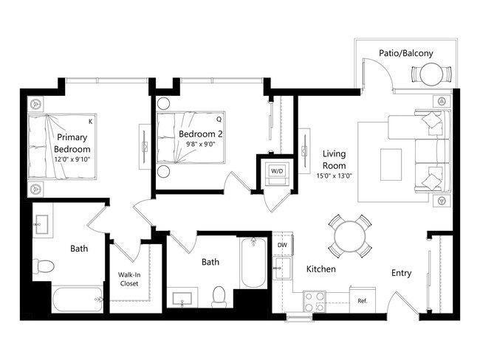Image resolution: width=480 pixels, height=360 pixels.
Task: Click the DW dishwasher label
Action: pos(282,245)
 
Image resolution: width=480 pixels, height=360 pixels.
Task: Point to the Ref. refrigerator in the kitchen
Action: pos(363,301)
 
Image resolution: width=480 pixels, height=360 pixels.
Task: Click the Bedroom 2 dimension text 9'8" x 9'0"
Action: pos(200,145)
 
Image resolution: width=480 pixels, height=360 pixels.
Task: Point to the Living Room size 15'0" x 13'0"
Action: pos(335,176)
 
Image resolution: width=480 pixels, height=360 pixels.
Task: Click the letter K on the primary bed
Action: pos(90,120)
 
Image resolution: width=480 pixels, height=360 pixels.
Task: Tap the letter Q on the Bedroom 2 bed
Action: pos(219,118)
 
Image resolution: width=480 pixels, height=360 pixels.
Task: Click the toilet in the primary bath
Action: pos(45,266)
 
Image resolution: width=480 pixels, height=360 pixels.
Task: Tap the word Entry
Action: pos(401,273)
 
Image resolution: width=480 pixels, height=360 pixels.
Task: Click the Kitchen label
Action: pos(320,269)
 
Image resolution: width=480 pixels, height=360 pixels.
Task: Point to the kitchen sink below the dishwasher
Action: pos(281,266)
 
